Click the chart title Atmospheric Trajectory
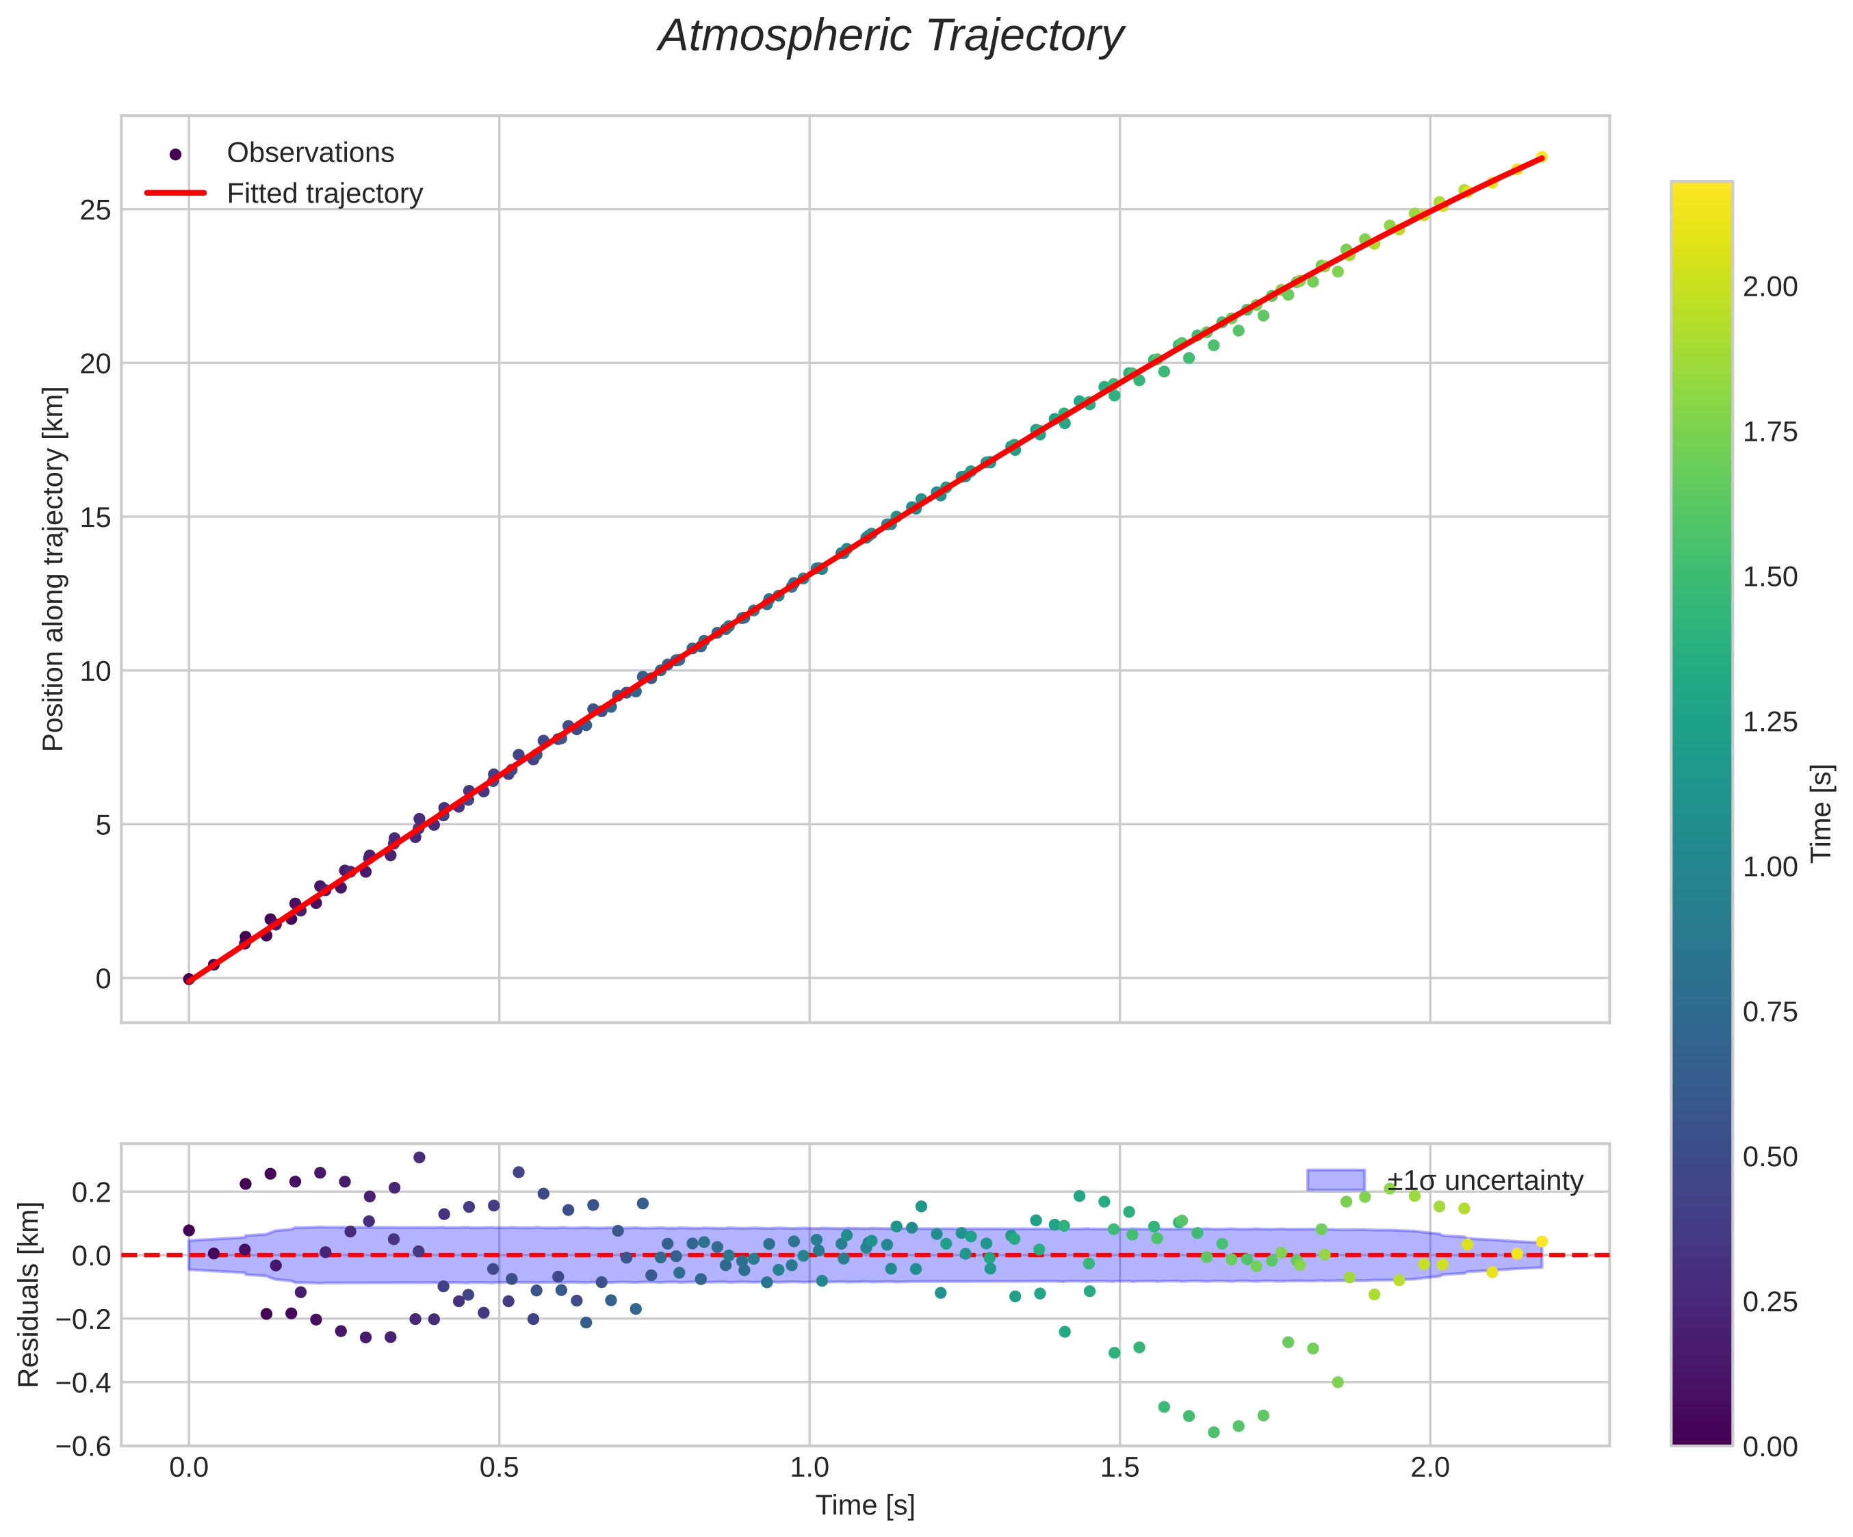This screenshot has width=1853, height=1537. (891, 37)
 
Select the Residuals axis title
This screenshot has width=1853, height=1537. (29, 1293)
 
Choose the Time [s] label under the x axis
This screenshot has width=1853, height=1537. (865, 1506)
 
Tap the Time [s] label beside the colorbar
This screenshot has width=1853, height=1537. (1822, 812)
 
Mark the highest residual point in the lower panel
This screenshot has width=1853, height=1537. (419, 1157)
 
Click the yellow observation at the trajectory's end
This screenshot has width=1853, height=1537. (1541, 157)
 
